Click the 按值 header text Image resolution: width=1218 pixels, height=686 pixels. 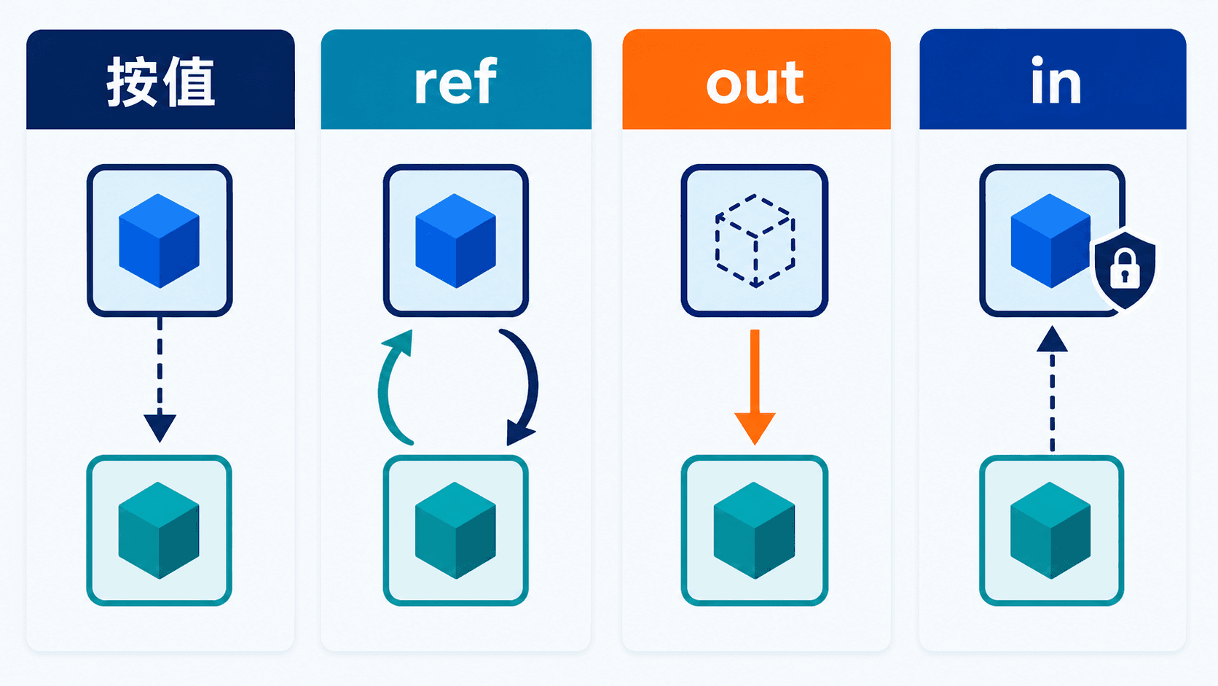[160, 82]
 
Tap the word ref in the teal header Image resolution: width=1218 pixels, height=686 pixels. [456, 81]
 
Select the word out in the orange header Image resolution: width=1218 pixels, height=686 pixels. [755, 82]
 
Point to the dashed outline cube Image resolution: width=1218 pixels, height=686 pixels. [755, 241]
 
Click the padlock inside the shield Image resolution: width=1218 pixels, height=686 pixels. [1125, 268]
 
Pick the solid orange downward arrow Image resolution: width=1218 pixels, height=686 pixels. [755, 387]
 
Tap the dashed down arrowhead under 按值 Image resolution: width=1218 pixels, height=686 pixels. [160, 428]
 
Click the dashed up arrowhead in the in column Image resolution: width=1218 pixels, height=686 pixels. [1052, 339]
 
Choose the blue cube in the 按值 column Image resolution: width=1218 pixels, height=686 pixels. [160, 241]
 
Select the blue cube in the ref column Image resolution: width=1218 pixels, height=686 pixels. [456, 241]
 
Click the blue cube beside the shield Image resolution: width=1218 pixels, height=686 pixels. [1050, 241]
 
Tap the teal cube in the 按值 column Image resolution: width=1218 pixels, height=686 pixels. [159, 531]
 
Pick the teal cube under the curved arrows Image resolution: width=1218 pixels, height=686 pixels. [456, 531]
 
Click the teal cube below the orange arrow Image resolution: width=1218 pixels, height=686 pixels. [754, 531]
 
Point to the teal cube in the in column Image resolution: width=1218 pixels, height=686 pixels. [1050, 531]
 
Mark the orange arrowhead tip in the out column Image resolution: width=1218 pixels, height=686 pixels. [755, 445]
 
